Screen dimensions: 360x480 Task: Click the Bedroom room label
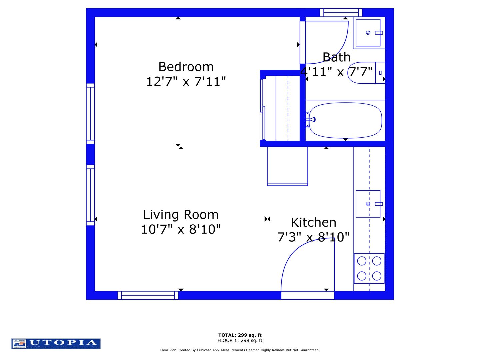186,67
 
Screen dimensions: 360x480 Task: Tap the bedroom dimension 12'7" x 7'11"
186,82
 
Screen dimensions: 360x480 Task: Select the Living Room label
181,215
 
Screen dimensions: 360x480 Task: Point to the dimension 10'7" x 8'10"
181,230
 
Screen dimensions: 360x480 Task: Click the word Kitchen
313,223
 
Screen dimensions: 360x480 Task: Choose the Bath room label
336,58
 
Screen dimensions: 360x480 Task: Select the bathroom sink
368,33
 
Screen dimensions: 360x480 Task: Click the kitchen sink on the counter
368,204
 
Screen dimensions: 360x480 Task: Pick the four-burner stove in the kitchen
369,268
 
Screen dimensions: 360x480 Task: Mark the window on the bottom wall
148,295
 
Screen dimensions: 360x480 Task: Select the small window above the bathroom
341,13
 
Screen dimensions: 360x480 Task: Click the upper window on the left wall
90,114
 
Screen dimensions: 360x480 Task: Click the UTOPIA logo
56,344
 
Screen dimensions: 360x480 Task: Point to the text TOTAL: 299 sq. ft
240,335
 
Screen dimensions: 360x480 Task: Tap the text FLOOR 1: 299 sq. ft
240,340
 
